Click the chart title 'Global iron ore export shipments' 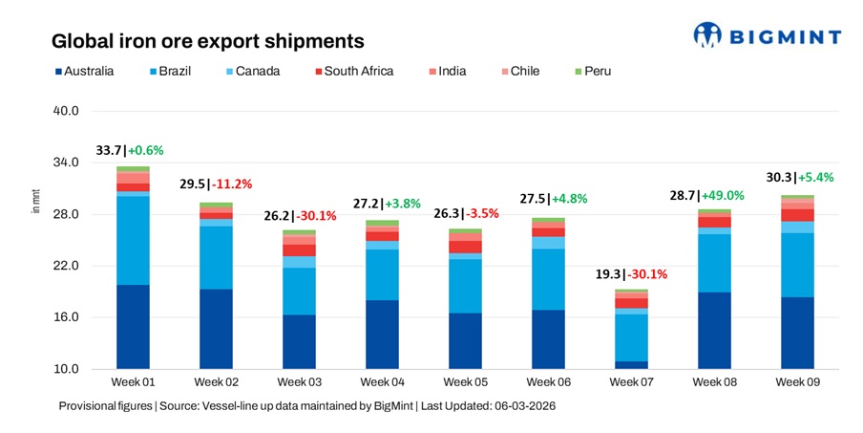tap(207, 41)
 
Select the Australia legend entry tap(85, 71)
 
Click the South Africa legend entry tap(352, 71)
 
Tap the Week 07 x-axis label tap(631, 381)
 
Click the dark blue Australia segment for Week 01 tap(133, 326)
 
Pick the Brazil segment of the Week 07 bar tap(631, 337)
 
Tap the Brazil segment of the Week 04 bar tap(381, 274)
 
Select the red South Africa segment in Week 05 tap(465, 247)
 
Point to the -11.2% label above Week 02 tap(232, 184)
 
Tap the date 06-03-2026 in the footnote tap(521, 406)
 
